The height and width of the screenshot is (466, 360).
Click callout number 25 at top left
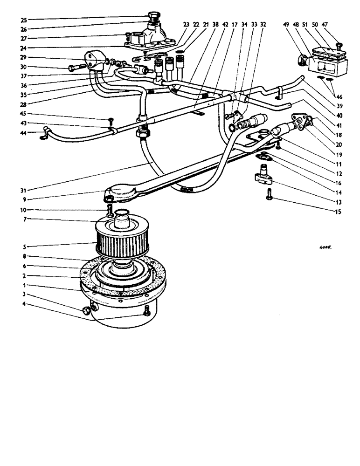click(x=23, y=20)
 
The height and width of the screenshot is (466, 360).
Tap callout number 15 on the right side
click(x=338, y=212)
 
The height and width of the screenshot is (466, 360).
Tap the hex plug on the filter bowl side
click(x=87, y=310)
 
